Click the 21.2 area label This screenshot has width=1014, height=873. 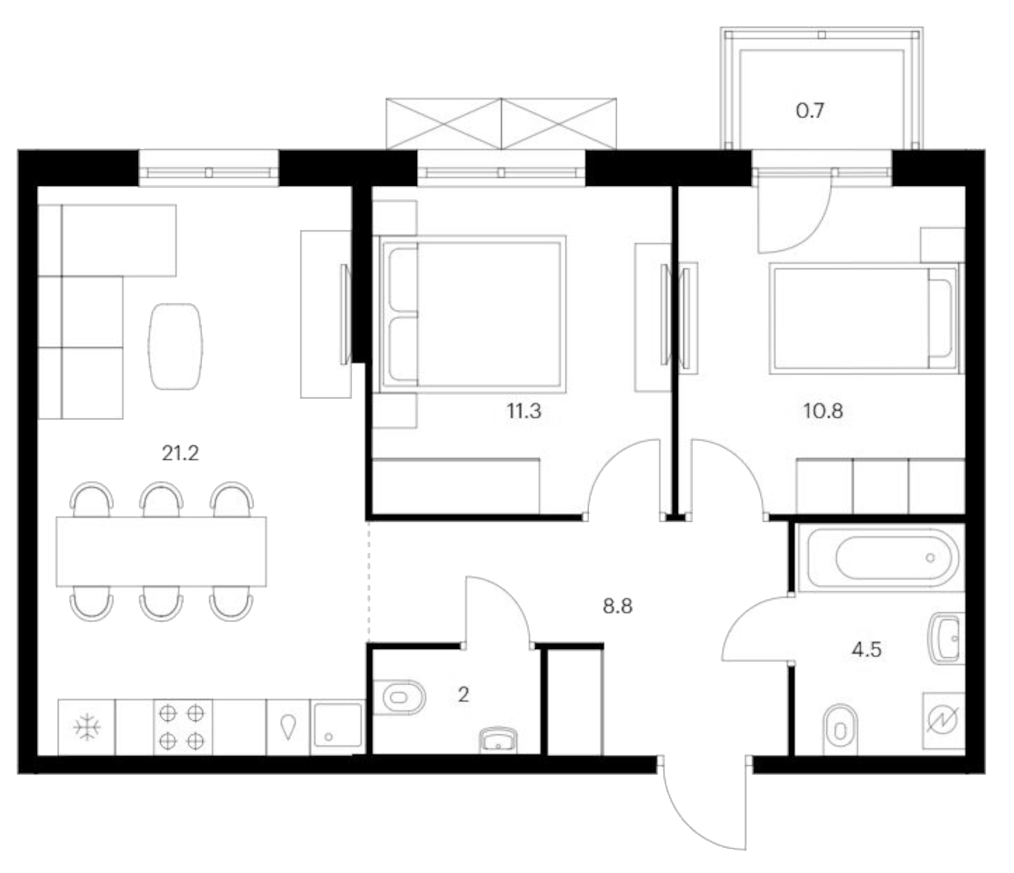[x=180, y=453]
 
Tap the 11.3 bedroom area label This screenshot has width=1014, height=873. [x=524, y=411]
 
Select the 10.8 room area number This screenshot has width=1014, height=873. [x=823, y=411]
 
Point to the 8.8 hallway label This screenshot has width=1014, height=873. [x=617, y=606]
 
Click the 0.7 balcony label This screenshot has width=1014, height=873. [x=810, y=110]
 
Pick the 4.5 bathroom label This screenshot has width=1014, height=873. [x=866, y=650]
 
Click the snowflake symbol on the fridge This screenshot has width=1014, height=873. [x=87, y=727]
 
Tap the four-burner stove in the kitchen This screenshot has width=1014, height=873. [x=182, y=727]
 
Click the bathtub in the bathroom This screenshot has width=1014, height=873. [x=882, y=558]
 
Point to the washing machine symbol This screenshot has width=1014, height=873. [x=943, y=721]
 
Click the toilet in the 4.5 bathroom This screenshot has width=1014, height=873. [x=840, y=730]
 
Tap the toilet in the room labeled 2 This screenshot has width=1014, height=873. [x=399, y=698]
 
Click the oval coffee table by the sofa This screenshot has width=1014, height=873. [x=175, y=346]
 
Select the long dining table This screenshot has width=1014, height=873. [x=161, y=552]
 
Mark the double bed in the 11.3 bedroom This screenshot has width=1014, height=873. [x=473, y=314]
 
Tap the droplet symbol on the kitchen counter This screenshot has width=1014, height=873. [x=288, y=727]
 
